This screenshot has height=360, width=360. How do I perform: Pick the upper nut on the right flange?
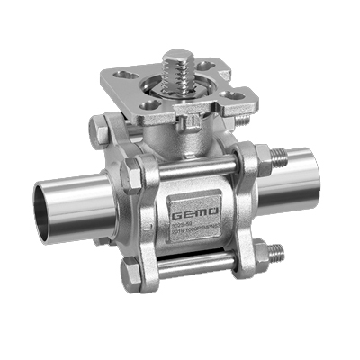(x=264, y=162)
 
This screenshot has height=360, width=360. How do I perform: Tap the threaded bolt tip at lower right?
(x=280, y=250)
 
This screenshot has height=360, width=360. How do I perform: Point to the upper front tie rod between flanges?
(x=193, y=169)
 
